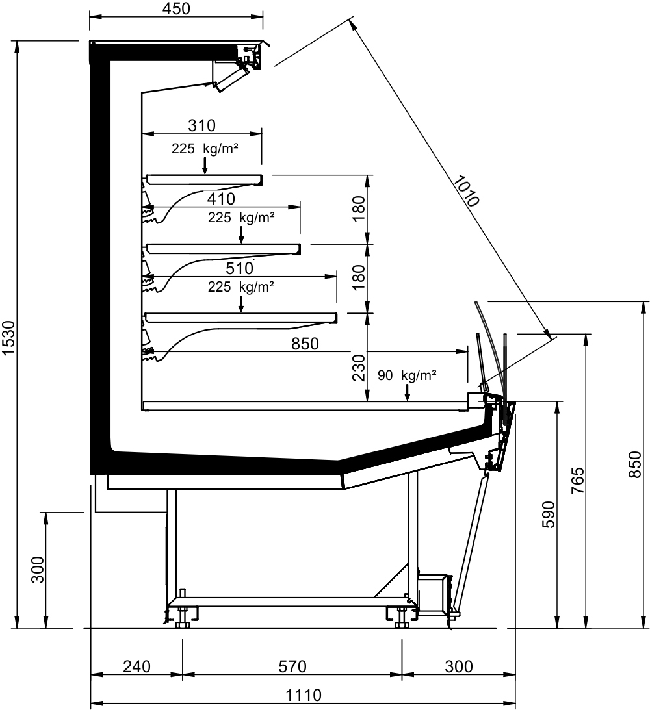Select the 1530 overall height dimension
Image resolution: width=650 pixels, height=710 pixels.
coord(9,338)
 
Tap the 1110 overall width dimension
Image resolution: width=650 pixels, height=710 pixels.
coord(303,694)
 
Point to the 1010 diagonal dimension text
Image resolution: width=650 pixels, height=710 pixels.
coord(466,190)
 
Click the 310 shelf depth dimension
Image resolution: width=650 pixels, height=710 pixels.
coord(201,125)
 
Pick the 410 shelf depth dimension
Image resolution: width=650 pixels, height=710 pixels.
coord(221,199)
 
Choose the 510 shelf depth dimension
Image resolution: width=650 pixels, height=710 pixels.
coord(239,268)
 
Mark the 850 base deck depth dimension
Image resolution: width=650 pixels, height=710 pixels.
coord(305,344)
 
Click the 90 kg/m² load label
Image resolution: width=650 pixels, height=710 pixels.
coord(407,375)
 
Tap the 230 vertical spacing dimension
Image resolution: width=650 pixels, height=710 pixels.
coord(358,367)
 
